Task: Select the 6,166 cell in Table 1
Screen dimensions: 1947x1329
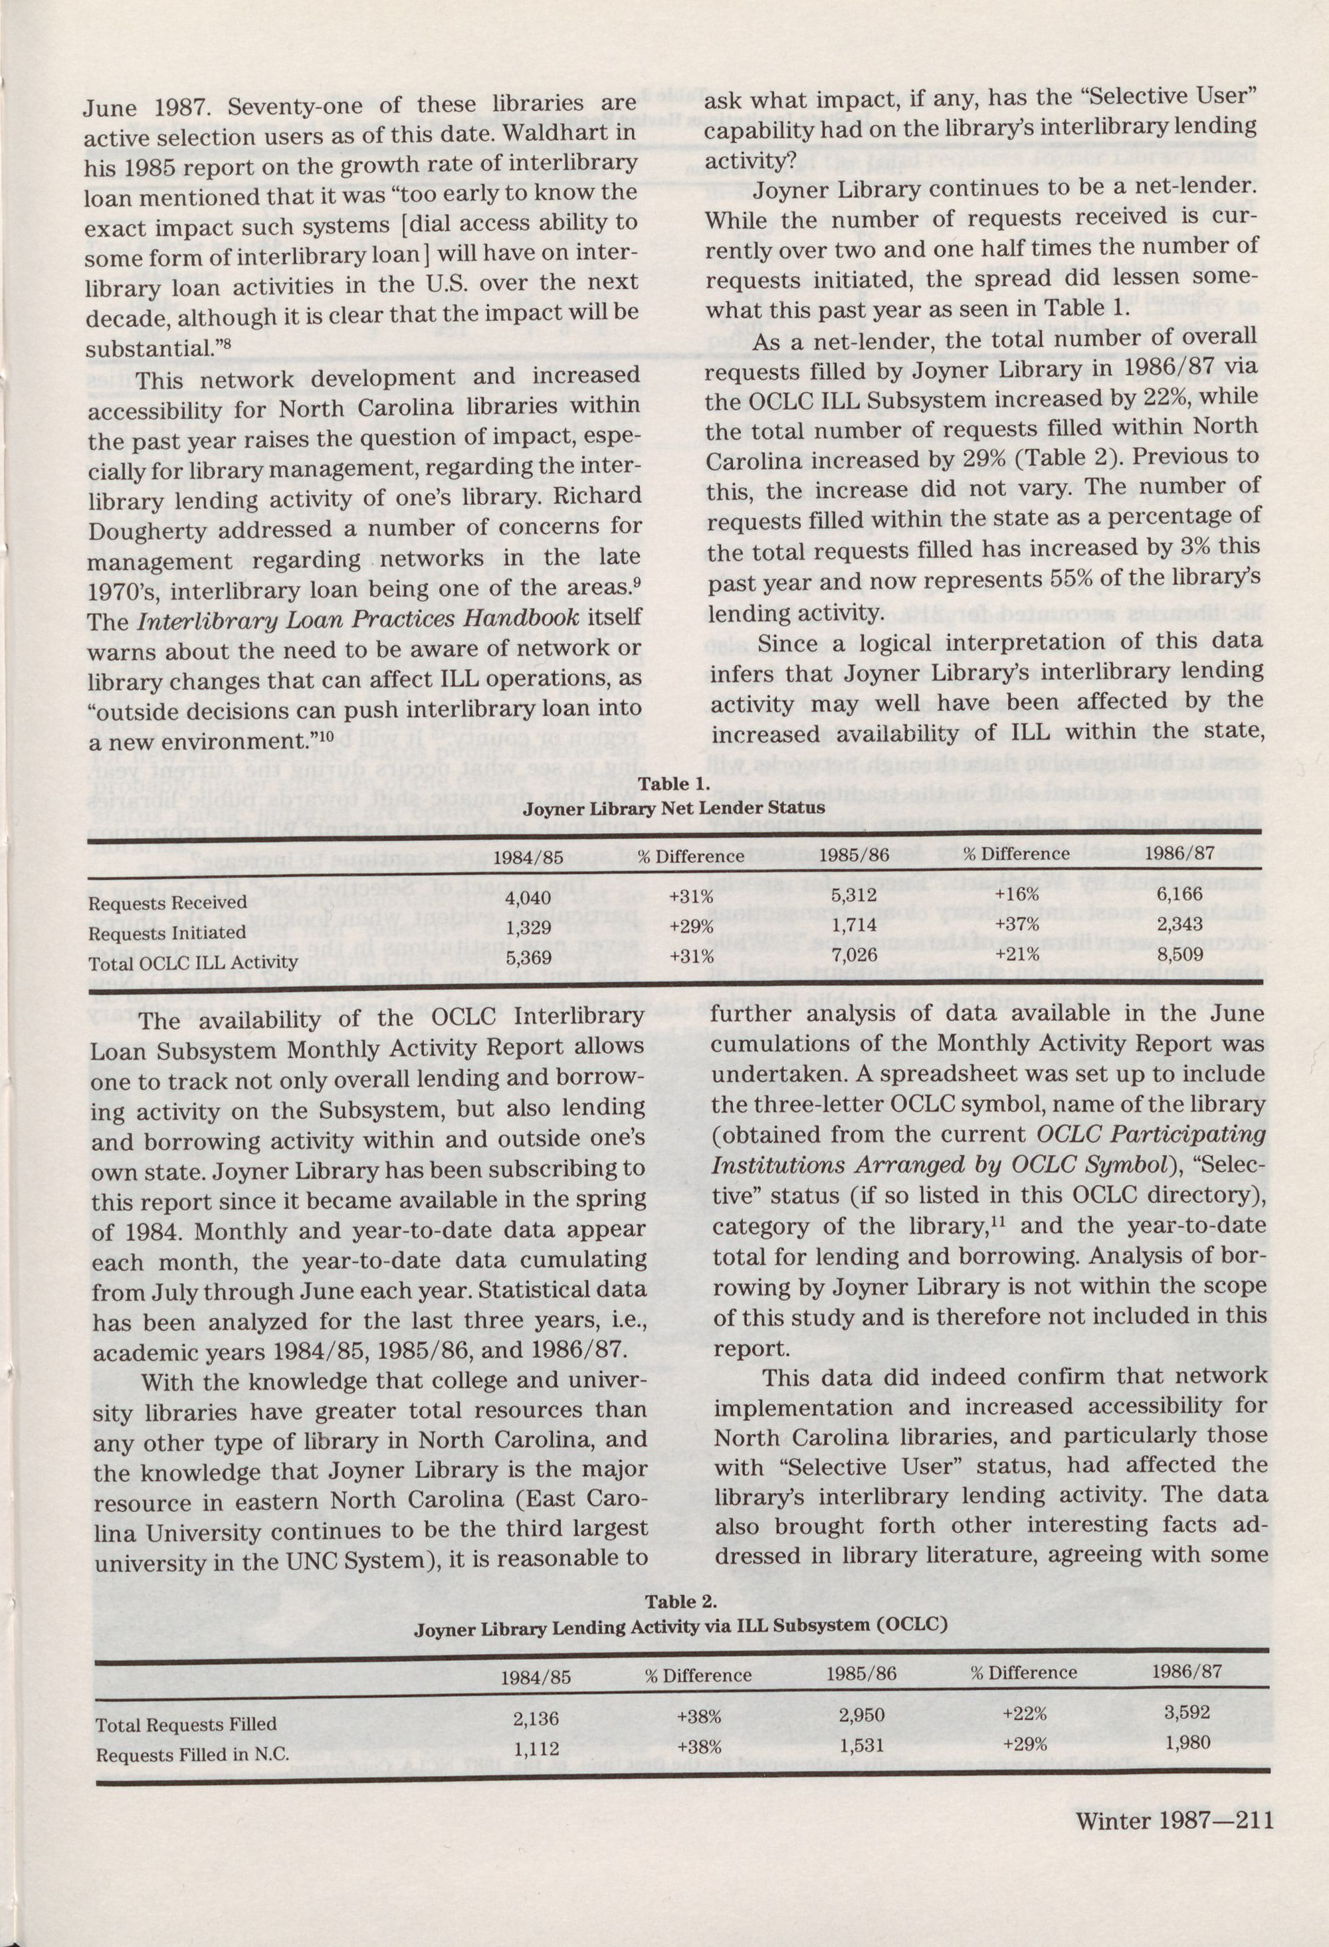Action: point(1181,895)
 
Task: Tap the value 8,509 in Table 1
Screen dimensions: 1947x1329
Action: point(1180,953)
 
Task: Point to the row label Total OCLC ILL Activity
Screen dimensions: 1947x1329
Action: point(193,962)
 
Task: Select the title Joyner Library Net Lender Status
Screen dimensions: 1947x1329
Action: point(674,808)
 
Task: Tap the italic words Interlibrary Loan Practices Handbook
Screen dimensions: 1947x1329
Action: point(356,617)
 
